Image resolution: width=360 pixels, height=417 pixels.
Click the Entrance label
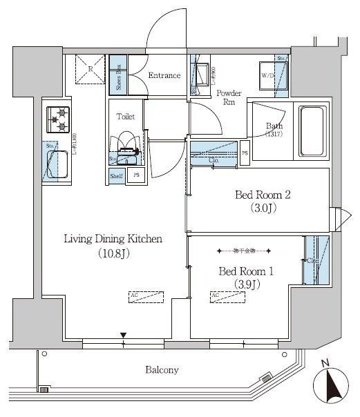click(164, 76)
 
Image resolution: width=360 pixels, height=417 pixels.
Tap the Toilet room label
click(125, 117)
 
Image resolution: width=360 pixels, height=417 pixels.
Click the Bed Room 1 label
click(247, 270)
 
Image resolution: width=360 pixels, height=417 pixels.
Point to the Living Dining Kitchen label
click(113, 240)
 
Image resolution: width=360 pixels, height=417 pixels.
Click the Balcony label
click(162, 369)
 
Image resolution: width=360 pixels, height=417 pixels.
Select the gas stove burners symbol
click(58, 120)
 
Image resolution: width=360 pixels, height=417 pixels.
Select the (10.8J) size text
click(113, 254)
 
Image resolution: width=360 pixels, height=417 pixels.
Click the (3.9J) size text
click(247, 284)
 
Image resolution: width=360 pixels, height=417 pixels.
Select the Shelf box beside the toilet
click(117, 175)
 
